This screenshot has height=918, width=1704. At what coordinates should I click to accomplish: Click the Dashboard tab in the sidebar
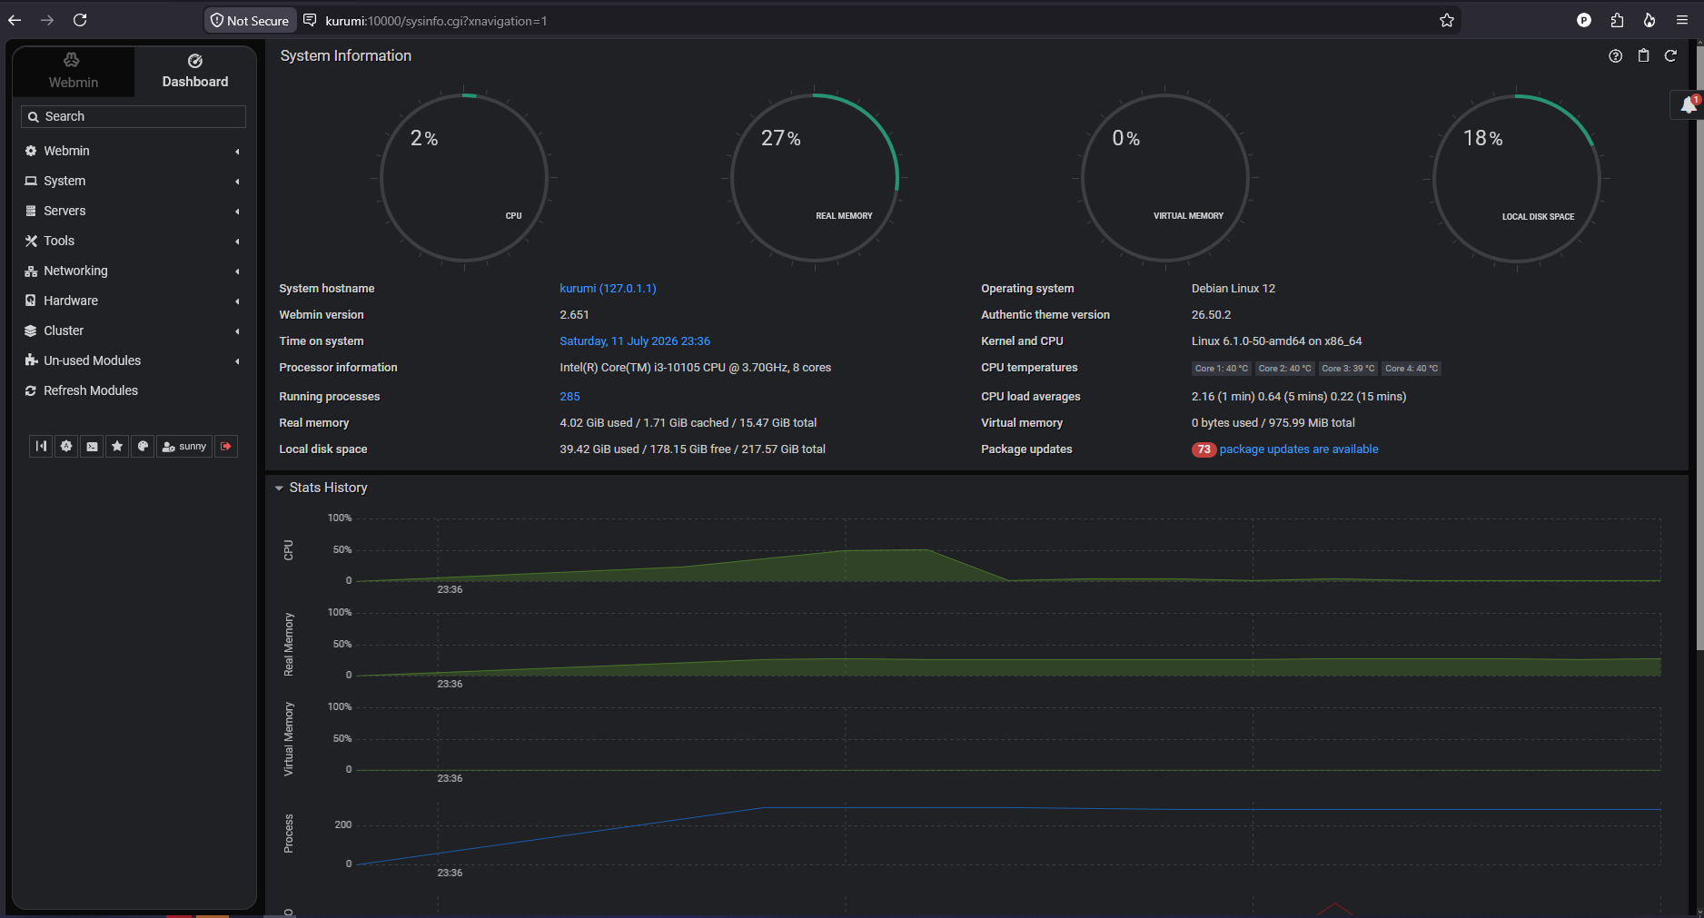click(x=195, y=72)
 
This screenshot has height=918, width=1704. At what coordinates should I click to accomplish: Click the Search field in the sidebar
click(x=134, y=116)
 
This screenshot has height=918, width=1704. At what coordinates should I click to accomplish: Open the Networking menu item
click(x=75, y=271)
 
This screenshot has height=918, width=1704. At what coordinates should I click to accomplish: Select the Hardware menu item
click(x=71, y=301)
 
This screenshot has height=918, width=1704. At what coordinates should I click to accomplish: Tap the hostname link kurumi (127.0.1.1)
click(x=608, y=289)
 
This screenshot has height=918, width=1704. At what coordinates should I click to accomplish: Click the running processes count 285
click(x=570, y=397)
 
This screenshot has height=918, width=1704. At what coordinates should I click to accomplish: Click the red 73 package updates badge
click(x=1204, y=449)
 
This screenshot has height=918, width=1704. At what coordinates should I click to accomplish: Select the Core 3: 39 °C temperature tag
click(x=1348, y=369)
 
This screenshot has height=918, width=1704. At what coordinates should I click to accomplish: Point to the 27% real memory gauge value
click(x=781, y=138)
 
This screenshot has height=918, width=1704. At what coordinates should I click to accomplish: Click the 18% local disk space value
click(x=1482, y=138)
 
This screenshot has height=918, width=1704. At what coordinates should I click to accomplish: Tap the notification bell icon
click(x=1688, y=104)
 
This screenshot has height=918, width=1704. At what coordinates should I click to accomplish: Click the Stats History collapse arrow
click(x=279, y=489)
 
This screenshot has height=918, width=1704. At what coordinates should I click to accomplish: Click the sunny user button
click(x=184, y=447)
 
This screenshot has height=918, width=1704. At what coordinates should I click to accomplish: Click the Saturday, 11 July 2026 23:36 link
click(x=635, y=341)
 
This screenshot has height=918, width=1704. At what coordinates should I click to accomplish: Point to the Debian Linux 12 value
click(x=1233, y=289)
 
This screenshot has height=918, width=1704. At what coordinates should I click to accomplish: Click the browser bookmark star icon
click(x=1447, y=20)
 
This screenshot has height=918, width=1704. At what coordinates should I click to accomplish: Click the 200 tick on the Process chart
click(x=342, y=824)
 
